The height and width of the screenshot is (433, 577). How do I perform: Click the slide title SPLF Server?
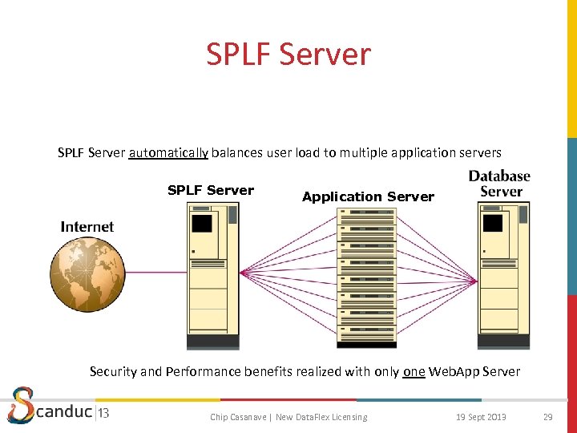tap(288, 55)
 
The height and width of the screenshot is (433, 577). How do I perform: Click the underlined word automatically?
tap(168, 152)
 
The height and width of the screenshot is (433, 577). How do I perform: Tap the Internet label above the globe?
tap(87, 227)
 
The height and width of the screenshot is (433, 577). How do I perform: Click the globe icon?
tap(87, 275)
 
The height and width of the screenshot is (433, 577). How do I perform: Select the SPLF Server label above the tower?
tap(211, 190)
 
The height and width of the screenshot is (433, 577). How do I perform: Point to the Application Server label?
tap(368, 196)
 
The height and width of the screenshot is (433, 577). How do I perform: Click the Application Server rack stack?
tap(366, 277)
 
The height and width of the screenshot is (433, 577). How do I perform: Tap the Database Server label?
tap(499, 184)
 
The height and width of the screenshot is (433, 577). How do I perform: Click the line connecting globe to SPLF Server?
tap(155, 273)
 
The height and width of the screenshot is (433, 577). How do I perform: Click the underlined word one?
tap(414, 372)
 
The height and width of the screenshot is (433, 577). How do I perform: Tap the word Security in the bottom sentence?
tap(115, 372)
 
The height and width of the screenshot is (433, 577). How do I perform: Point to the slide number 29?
tap(548, 417)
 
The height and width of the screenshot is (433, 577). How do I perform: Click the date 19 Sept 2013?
tap(481, 417)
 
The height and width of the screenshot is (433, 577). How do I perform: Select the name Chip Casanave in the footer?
tap(237, 417)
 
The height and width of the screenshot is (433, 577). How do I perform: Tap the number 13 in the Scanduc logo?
tap(103, 414)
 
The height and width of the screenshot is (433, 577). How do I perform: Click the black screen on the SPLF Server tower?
tap(202, 224)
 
